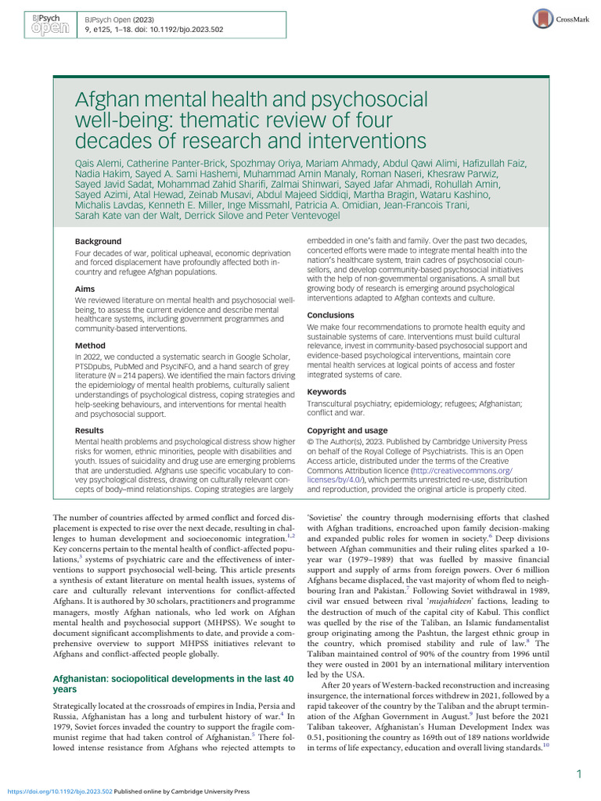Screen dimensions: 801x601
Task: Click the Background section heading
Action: point(99,242)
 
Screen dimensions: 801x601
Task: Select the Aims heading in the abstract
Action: point(86,289)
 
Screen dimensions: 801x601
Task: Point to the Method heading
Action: point(90,345)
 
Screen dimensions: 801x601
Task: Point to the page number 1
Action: point(578,774)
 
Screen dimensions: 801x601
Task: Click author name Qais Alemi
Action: point(99,163)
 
